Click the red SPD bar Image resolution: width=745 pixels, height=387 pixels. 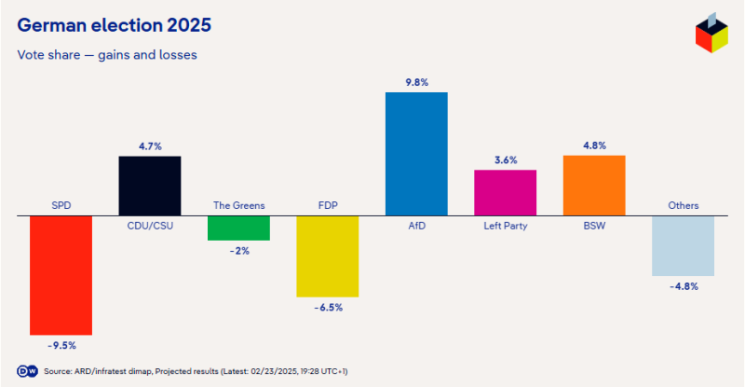(61, 275)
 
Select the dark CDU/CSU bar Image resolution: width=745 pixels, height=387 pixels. (149, 186)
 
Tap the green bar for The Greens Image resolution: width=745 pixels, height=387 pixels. (238, 228)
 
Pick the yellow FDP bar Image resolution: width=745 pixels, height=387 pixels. (327, 256)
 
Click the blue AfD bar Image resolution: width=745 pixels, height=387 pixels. (416, 154)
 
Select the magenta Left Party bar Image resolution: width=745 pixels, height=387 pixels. (506, 193)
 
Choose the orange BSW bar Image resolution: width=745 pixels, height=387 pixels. (594, 186)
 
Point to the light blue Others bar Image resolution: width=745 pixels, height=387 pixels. (683, 246)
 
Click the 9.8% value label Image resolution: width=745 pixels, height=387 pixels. (416, 82)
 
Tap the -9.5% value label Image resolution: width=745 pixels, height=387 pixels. (61, 345)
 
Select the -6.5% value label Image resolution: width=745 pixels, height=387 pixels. (327, 307)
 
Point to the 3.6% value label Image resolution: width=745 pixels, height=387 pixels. (506, 159)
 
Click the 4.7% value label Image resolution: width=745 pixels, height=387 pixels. (149, 146)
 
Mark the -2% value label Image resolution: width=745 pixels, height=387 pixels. (238, 251)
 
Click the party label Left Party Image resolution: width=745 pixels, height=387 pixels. (506, 226)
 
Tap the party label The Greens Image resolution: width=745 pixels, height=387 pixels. (238, 205)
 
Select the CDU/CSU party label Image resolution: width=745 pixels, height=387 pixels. (149, 226)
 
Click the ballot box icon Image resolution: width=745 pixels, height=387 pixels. (711, 35)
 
